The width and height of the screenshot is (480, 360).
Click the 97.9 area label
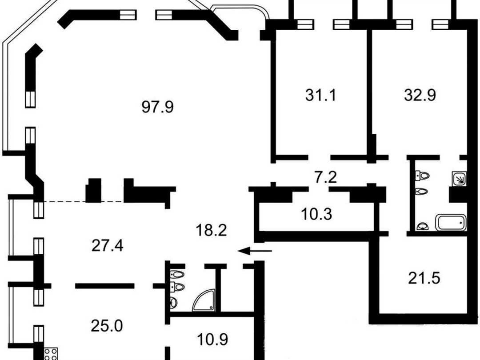[x=158, y=107]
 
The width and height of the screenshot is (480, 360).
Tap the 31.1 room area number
[x=320, y=95]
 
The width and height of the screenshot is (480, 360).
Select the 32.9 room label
[x=420, y=95]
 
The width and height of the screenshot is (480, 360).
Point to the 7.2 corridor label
[x=326, y=177]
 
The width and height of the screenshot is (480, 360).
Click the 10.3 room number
[x=316, y=214]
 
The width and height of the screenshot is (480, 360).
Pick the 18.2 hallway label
[x=211, y=230]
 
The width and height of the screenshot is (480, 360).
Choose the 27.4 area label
[x=107, y=245]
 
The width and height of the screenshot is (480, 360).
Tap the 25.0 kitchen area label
[x=107, y=326]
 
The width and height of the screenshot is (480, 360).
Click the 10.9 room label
[x=212, y=339]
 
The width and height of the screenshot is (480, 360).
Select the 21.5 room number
[x=424, y=278]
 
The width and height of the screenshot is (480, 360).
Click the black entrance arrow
[x=255, y=251]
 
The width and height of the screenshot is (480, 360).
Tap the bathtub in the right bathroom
[x=451, y=223]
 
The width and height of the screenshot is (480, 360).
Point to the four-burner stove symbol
[x=51, y=354]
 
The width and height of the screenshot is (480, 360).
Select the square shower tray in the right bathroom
[x=459, y=179]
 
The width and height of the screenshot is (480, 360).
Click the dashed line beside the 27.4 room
[x=84, y=201]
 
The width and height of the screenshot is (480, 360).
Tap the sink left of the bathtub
[x=423, y=226]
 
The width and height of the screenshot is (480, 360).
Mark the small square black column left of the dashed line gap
[x=93, y=190]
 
